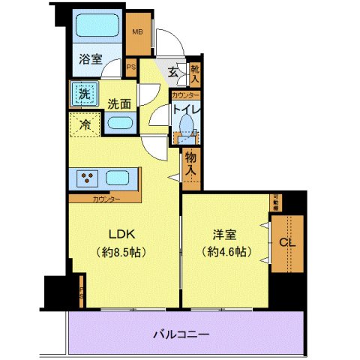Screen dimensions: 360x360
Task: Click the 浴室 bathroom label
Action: [x=92, y=59]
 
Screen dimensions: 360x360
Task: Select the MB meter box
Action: [x=137, y=34]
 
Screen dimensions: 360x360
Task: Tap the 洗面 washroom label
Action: [x=118, y=104]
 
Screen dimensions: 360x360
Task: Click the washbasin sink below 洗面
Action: [x=119, y=124]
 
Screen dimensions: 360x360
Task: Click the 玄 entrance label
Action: [x=173, y=73]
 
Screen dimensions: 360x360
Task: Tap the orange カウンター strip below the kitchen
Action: [x=105, y=199]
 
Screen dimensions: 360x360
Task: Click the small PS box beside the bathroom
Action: [x=131, y=67]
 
